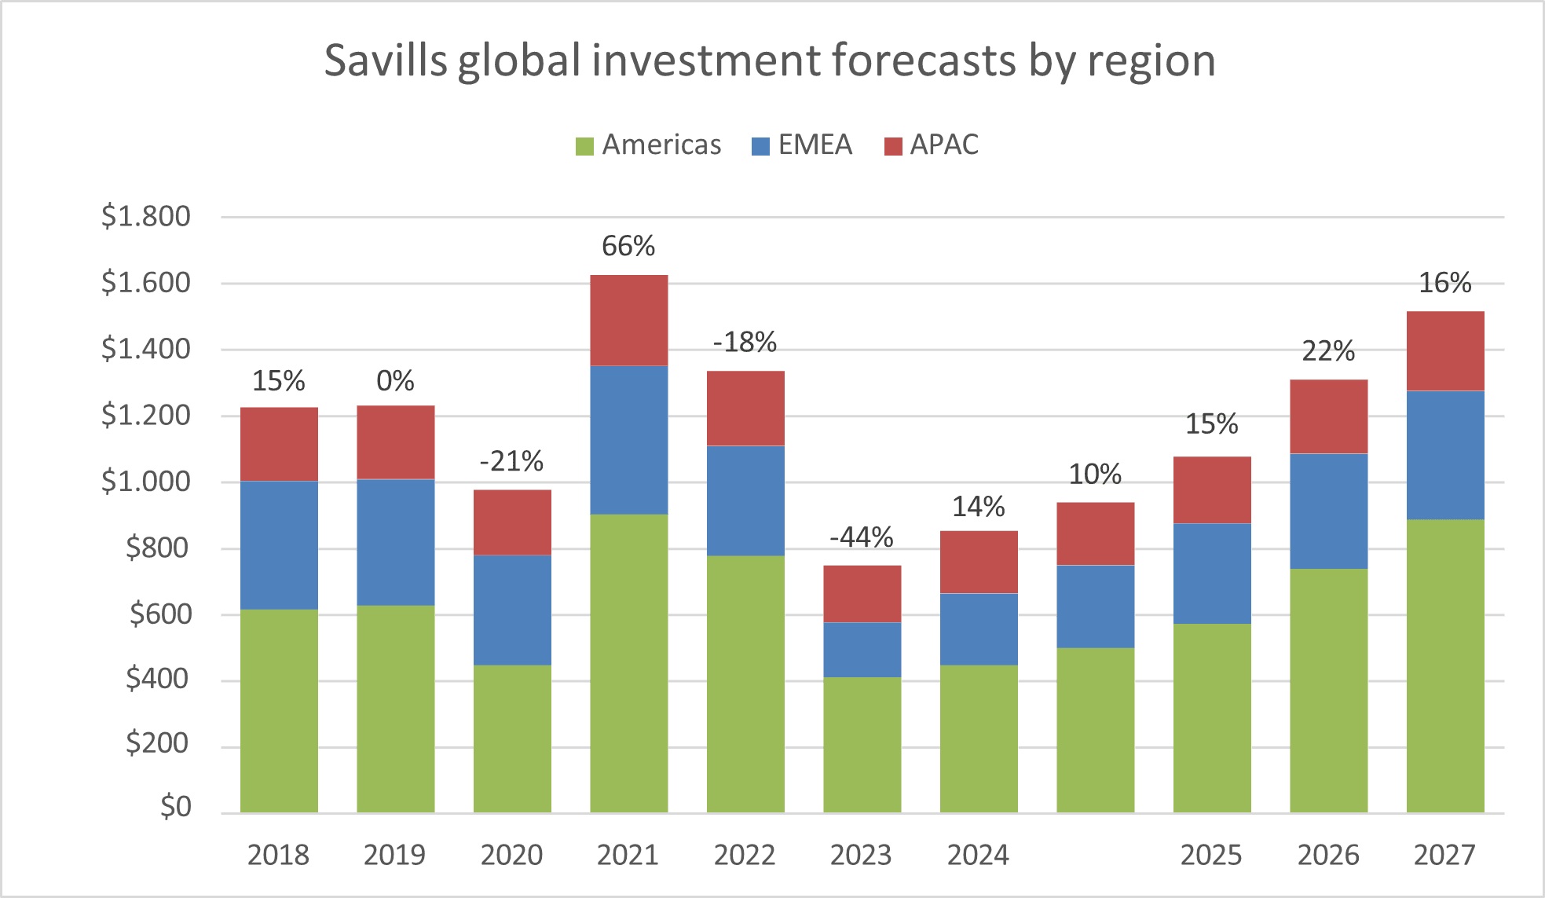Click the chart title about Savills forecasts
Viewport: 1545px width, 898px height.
(770, 61)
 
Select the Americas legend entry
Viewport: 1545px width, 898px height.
(649, 145)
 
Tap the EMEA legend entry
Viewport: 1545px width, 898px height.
(802, 145)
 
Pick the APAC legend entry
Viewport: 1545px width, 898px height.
(932, 145)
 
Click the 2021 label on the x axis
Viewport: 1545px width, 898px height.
(628, 855)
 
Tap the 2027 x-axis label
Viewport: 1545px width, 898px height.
(1445, 855)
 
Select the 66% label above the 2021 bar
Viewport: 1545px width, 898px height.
(628, 247)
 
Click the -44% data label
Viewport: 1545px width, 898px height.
(862, 538)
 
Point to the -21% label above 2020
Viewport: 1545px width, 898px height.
(511, 462)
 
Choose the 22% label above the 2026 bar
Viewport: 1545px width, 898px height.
(1328, 351)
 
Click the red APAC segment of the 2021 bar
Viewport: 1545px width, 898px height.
(629, 321)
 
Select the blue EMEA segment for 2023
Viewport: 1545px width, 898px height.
(862, 650)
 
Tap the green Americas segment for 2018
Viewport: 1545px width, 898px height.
(279, 711)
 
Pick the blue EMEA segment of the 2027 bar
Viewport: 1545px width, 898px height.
(1445, 456)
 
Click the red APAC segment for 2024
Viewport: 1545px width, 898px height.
(979, 563)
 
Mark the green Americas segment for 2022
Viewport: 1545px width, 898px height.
(745, 684)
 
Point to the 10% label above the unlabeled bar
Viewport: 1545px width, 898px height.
(1096, 475)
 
